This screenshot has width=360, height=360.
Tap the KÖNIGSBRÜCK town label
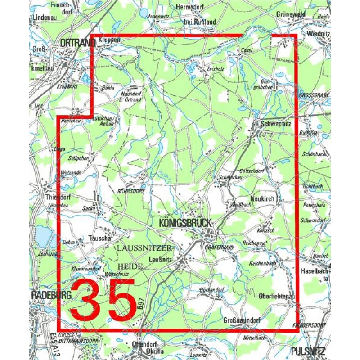click(184, 223)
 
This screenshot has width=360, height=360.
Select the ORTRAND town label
click(77, 42)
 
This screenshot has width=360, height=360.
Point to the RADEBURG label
click(47, 295)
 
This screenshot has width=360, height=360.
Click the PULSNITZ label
click(308, 351)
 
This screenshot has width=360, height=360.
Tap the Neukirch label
click(262, 198)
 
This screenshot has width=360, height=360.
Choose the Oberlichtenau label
click(278, 296)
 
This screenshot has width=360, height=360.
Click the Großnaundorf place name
click(242, 320)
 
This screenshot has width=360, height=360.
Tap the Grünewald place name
click(291, 14)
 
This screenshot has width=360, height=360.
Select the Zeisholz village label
click(213, 69)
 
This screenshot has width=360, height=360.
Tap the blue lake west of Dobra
click(43, 234)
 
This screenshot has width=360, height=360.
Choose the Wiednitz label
click(318, 34)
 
